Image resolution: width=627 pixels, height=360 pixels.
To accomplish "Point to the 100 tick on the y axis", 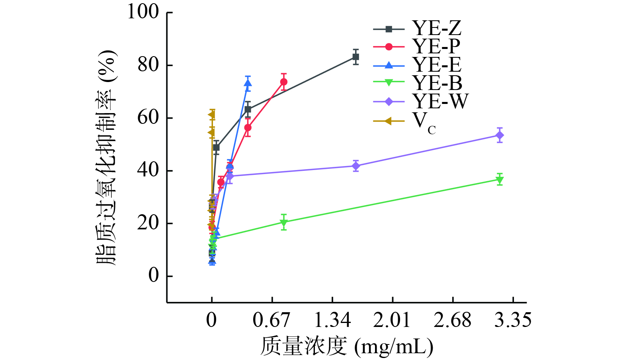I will [x=143, y=12].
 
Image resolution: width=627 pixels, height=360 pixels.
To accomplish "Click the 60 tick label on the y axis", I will [x=148, y=118].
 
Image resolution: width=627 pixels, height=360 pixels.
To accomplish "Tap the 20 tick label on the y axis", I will [x=148, y=223].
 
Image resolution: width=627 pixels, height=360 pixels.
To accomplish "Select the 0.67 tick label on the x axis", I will [x=272, y=320].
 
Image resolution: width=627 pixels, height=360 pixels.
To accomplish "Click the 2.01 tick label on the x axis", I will [x=392, y=320].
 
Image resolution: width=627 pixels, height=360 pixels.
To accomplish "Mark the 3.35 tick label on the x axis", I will [x=513, y=320].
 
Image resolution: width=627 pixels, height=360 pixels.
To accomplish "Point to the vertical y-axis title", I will [x=106, y=158].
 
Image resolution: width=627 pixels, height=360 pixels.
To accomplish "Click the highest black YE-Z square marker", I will [x=355, y=57].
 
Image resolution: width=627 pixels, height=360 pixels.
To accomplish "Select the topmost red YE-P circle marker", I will [x=283, y=82].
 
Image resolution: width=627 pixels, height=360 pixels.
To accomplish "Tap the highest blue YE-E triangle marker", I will [x=248, y=84].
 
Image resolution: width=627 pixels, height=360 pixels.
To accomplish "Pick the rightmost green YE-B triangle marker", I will [x=500, y=180].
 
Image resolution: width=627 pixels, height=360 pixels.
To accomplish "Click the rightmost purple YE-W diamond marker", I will [x=500, y=135].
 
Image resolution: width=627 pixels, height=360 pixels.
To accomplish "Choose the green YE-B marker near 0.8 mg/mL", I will [x=283, y=223].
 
